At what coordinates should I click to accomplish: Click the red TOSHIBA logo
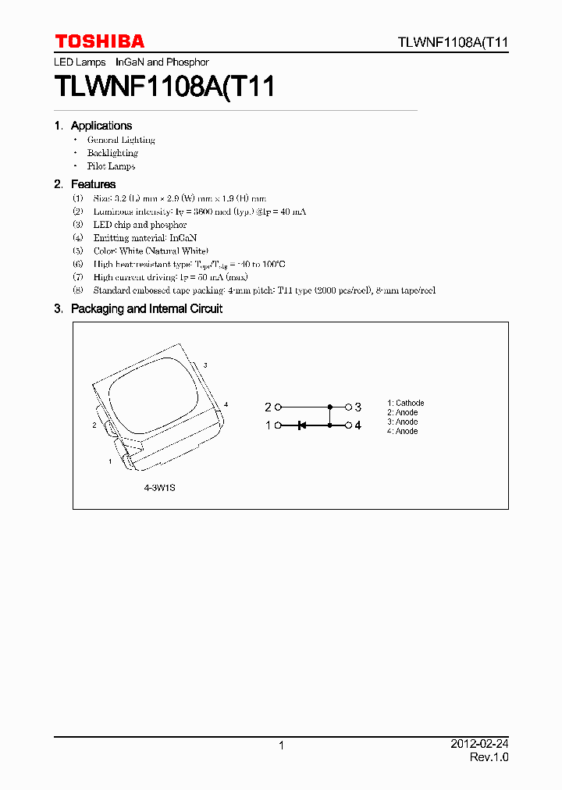99,41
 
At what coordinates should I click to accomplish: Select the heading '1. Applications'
94,126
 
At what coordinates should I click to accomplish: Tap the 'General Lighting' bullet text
121,140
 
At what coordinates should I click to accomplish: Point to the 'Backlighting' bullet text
112,153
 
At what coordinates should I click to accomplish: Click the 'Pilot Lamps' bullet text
111,166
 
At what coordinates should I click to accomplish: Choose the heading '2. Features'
85,184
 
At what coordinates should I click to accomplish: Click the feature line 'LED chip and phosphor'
140,225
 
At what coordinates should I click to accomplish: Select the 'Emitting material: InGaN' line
144,237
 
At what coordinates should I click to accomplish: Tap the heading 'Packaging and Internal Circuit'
146,308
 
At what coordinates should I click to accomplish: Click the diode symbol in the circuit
302,425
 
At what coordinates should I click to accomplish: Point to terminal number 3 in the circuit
358,407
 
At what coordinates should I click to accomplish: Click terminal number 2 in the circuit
268,407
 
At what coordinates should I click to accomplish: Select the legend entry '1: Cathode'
406,404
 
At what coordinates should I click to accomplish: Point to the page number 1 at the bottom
281,746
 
